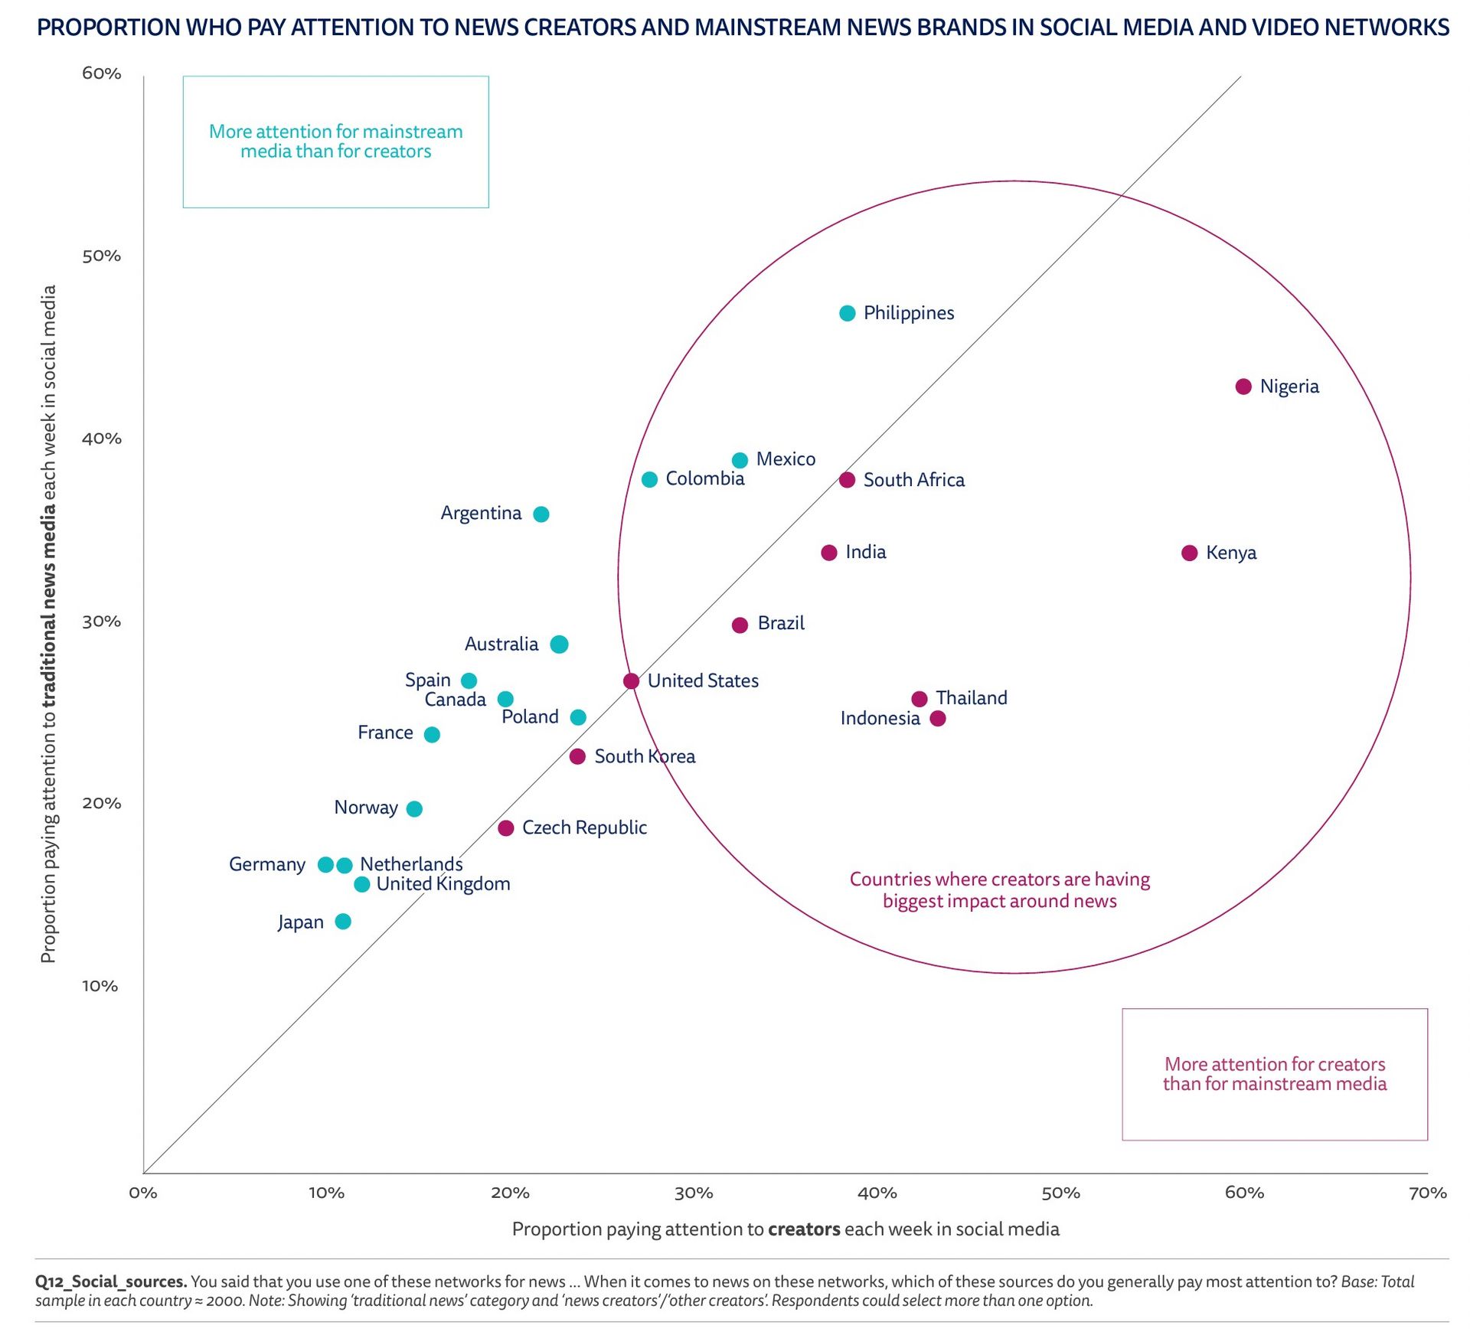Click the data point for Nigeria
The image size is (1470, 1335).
click(x=1243, y=387)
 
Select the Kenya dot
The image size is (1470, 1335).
click(x=1189, y=553)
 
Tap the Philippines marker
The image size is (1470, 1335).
click(x=847, y=313)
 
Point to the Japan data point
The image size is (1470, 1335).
click(x=343, y=921)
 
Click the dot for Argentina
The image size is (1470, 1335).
click(x=541, y=514)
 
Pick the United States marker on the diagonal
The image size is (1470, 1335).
click(x=631, y=681)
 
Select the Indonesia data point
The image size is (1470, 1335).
click(x=937, y=718)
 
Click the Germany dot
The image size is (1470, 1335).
click(x=325, y=864)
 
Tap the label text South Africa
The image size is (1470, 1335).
click(x=913, y=480)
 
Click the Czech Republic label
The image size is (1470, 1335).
click(x=584, y=827)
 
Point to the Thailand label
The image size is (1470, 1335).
click(x=971, y=698)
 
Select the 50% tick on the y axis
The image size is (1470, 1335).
click(x=101, y=256)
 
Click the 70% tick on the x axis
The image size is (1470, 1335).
click(x=1427, y=1193)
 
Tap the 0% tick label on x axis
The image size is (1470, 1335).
click(x=143, y=1193)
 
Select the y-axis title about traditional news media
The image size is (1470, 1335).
click(x=48, y=624)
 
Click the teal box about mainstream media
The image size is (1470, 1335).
click(x=335, y=142)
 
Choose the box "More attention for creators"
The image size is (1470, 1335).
click(x=1274, y=1074)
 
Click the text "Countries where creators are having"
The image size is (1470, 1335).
click(x=999, y=880)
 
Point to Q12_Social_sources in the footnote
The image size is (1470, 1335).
click(x=111, y=1281)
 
